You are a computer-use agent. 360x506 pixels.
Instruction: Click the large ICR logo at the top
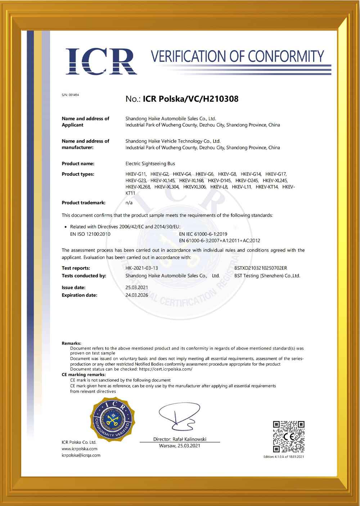pyautogui.click(x=101, y=62)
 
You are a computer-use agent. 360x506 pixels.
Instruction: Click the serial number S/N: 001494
pyautogui.click(x=70, y=95)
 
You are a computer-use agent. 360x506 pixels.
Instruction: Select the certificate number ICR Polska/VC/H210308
pyautogui.click(x=190, y=99)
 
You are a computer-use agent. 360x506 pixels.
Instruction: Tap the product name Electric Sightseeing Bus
pyautogui.click(x=150, y=164)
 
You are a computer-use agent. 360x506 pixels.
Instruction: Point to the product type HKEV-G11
pyautogui.click(x=136, y=174)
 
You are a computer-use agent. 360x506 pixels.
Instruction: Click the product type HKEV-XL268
pyautogui.click(x=138, y=187)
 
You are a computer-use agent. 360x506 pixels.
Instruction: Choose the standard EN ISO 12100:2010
pyautogui.click(x=90, y=234)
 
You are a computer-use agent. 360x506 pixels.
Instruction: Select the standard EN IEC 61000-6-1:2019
pyautogui.click(x=203, y=234)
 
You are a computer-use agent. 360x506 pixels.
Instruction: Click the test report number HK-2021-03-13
pyautogui.click(x=141, y=268)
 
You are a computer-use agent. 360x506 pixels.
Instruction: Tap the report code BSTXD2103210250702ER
pyautogui.click(x=261, y=268)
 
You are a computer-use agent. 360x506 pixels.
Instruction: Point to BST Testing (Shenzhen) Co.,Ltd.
pyautogui.click(x=267, y=276)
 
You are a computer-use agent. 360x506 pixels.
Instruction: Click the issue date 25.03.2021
pyautogui.click(x=137, y=288)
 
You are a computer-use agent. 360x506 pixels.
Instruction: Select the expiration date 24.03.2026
pyautogui.click(x=137, y=295)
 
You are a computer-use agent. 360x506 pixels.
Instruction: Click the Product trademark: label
pyautogui.click(x=84, y=203)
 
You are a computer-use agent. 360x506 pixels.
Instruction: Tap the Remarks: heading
pyautogui.click(x=71, y=343)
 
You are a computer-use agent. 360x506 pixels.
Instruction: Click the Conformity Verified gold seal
pyautogui.click(x=112, y=419)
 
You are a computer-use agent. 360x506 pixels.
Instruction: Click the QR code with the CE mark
pyautogui.click(x=288, y=437)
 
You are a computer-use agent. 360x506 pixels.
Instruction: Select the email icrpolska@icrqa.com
pyautogui.click(x=81, y=455)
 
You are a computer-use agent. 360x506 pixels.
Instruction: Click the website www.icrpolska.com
pyautogui.click(x=80, y=449)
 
